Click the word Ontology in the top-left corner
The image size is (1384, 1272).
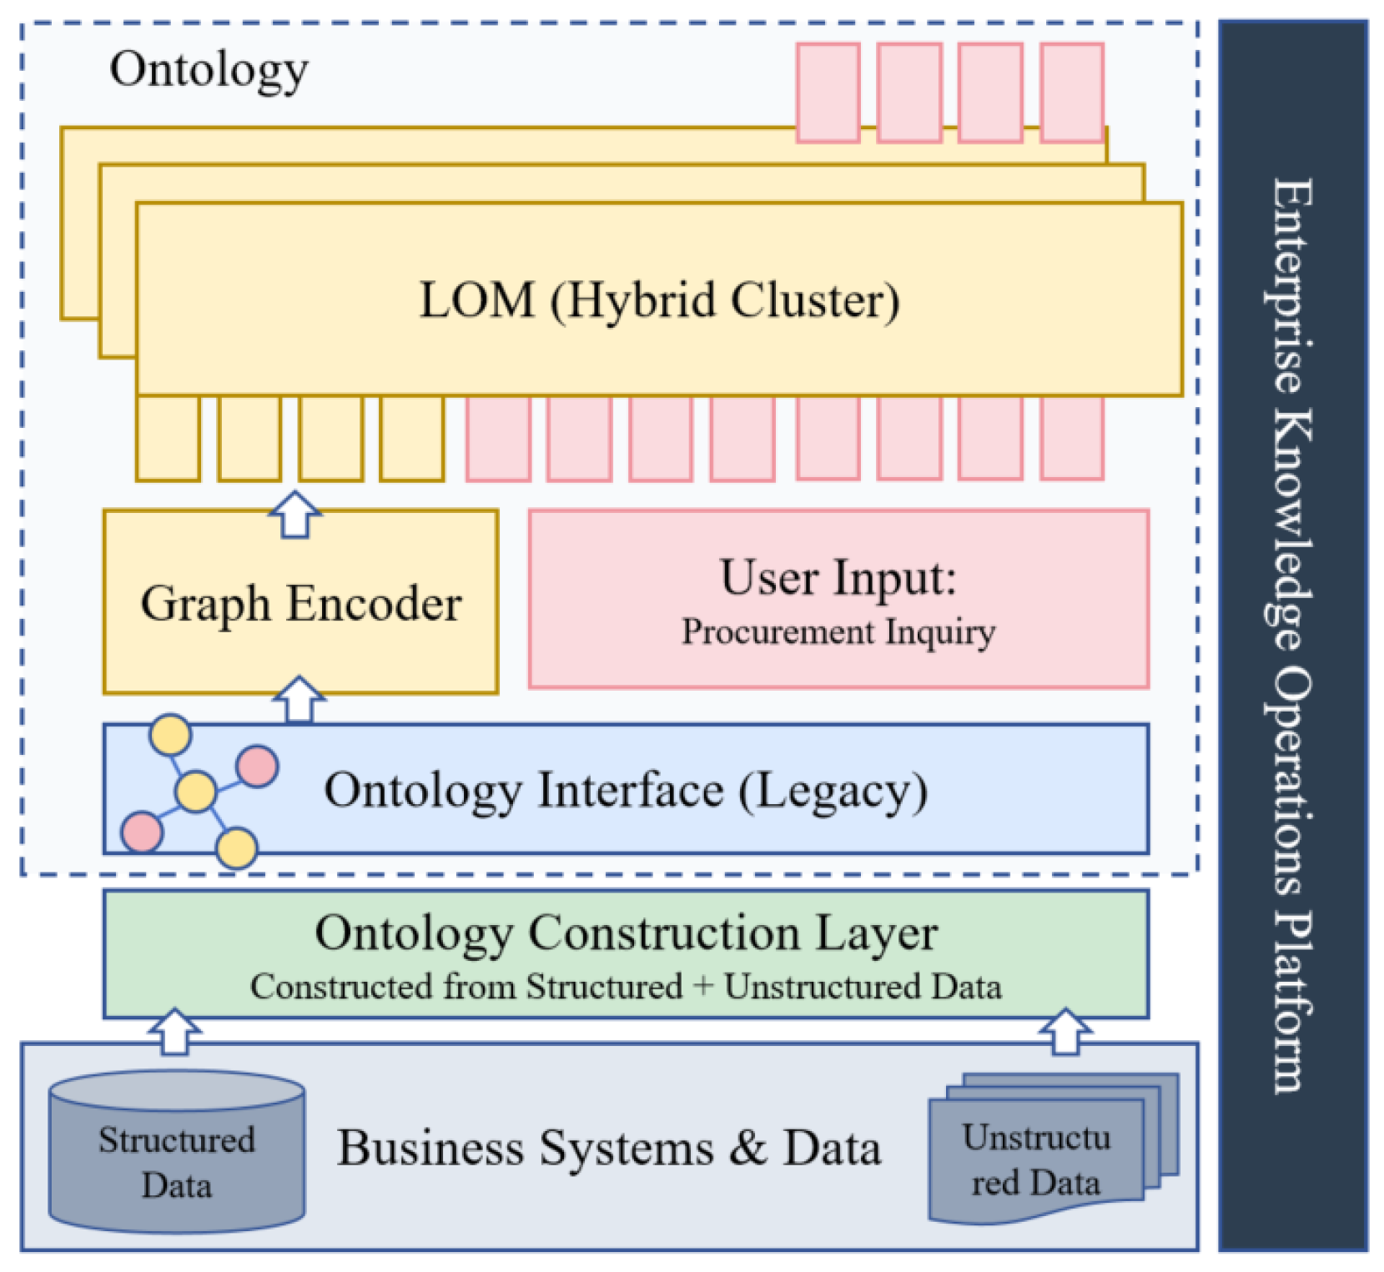(209, 70)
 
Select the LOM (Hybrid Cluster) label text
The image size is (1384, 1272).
(659, 300)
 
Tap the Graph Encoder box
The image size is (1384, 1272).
(300, 602)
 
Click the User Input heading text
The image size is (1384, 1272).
(838, 577)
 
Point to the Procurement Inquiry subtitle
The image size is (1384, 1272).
(838, 631)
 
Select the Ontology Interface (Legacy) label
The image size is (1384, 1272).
(626, 790)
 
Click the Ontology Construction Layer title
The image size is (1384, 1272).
(626, 933)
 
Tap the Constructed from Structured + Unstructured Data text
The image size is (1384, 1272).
(626, 987)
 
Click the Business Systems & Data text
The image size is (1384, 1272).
(609, 1148)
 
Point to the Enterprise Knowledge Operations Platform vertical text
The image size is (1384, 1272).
(1291, 634)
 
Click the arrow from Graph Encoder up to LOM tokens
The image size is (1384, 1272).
(295, 515)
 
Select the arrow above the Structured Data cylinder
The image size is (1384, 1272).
(174, 1032)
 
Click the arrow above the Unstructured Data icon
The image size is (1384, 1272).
(1065, 1032)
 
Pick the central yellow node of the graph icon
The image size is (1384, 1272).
(196, 791)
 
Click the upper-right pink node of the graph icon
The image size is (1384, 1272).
(257, 766)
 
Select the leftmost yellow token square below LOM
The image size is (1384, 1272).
(168, 439)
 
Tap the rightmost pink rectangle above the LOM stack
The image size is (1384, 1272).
(1072, 92)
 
